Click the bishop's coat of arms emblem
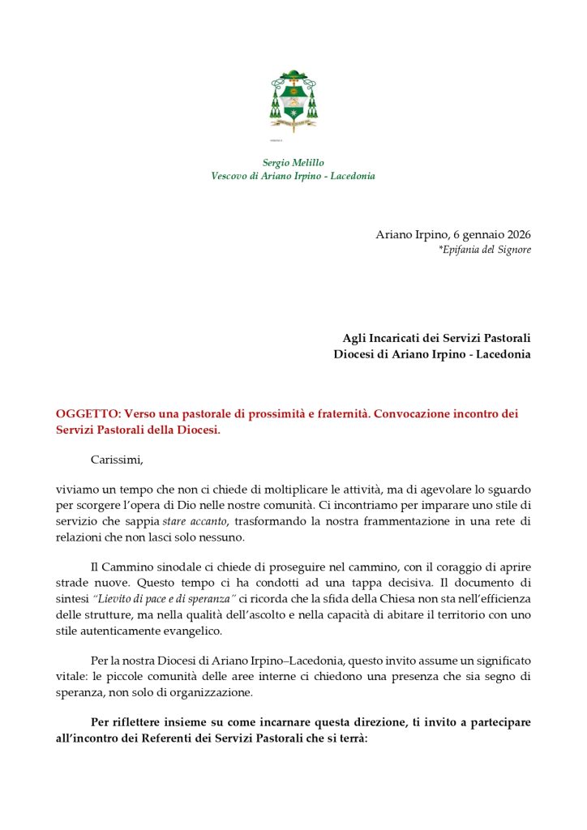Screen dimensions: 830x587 pos(293,101)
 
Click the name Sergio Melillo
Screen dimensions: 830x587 pos(293,163)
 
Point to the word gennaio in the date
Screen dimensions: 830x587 pos(469,235)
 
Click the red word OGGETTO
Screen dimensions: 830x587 pos(87,414)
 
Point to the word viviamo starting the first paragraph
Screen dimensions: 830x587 pos(77,490)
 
